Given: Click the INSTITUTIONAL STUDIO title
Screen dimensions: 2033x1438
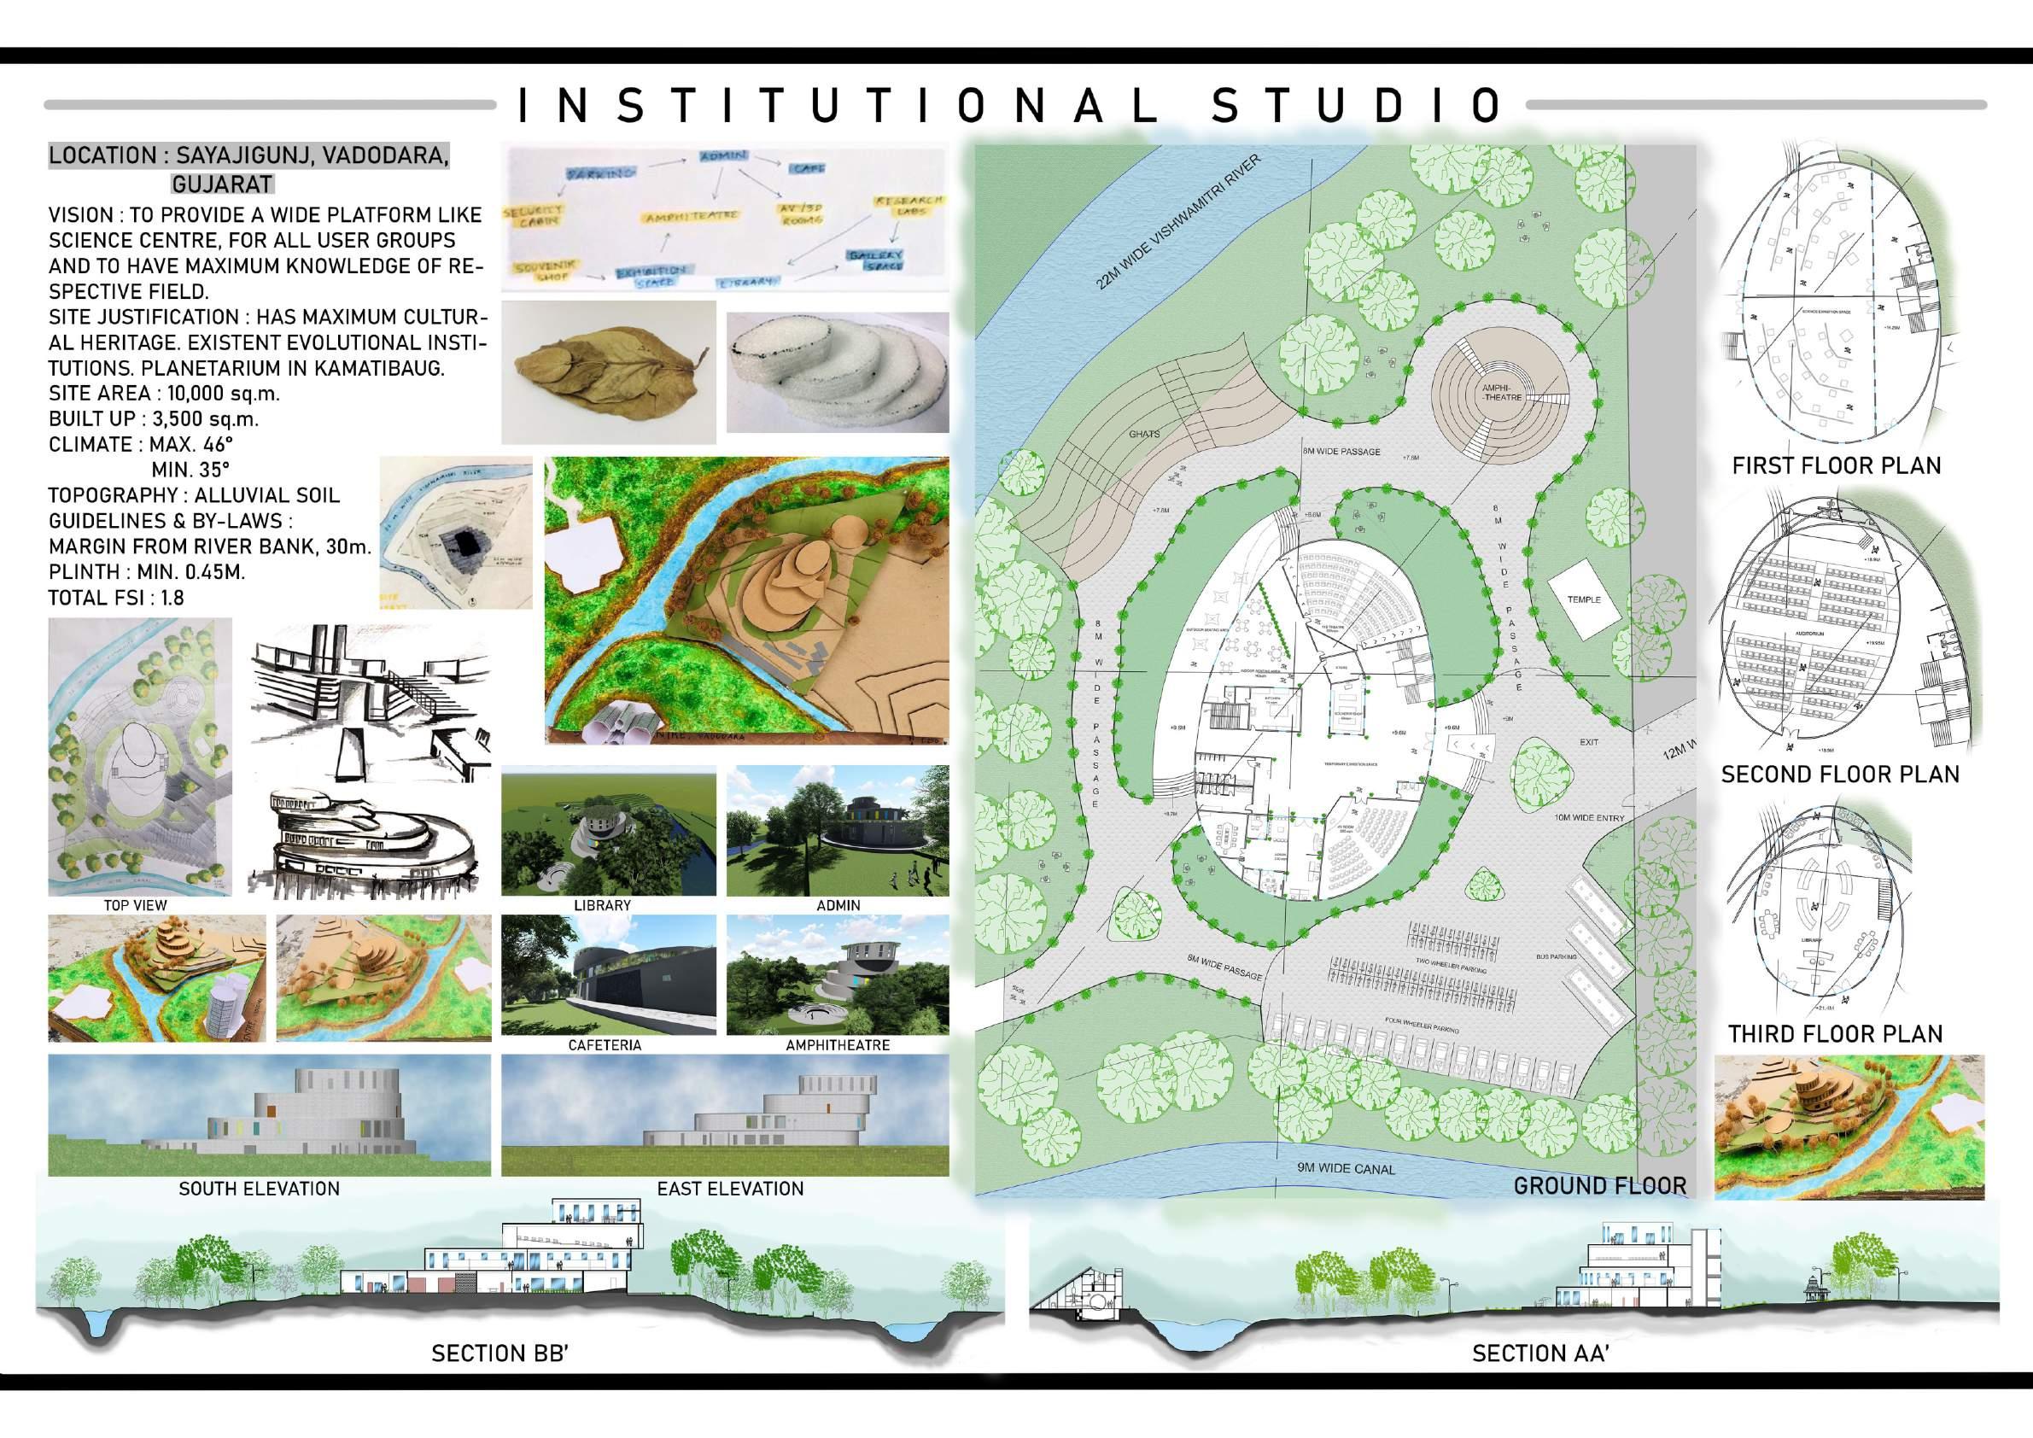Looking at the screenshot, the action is [1010, 104].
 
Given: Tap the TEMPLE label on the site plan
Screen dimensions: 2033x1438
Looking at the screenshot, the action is [1584, 599].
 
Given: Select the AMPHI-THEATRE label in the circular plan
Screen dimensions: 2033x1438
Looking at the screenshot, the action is [1502, 393].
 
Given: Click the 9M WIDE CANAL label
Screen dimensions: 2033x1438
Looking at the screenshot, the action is [1345, 1169].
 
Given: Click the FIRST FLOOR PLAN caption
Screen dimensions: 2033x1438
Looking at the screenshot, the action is [1837, 465].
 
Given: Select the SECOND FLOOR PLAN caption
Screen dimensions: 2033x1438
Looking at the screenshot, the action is [1840, 775].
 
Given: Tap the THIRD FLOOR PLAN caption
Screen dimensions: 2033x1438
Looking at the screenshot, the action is [1836, 1034].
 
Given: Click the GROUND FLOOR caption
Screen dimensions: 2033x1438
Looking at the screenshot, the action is [1599, 1185].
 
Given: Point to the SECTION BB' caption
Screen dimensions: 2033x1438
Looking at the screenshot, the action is [499, 1353].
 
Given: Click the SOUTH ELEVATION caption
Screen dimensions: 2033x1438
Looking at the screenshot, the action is [259, 1190].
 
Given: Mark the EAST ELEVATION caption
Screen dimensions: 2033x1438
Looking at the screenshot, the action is [730, 1190].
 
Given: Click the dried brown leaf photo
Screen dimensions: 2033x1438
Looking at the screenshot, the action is [609, 372].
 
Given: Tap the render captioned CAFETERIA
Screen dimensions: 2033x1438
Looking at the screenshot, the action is [608, 975].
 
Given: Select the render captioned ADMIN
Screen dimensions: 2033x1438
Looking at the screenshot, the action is [837, 833].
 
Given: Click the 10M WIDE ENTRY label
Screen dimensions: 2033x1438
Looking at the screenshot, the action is [1589, 818].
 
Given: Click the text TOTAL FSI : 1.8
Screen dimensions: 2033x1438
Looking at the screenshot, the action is [116, 599].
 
